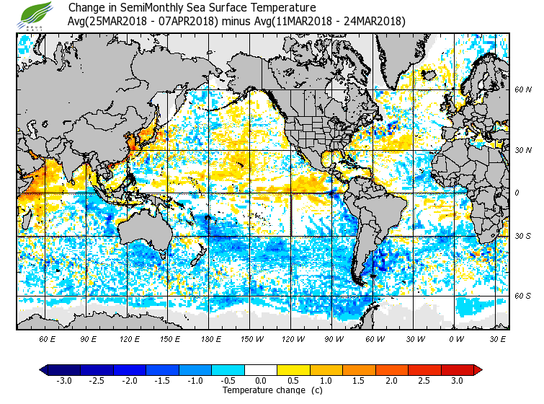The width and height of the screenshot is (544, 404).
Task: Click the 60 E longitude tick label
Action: tap(47, 338)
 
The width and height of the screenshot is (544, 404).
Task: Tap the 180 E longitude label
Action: tap(211, 338)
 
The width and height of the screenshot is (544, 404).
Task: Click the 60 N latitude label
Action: tap(522, 89)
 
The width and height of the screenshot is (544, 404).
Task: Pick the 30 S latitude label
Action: tap(522, 236)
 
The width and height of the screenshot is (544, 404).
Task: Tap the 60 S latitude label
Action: tap(522, 295)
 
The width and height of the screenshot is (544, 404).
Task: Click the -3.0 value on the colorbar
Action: tap(63, 381)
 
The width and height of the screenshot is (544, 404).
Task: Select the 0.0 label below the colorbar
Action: tap(261, 381)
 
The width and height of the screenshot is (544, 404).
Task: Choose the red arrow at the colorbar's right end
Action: tap(478, 370)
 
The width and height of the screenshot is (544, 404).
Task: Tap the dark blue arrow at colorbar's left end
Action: tap(44, 370)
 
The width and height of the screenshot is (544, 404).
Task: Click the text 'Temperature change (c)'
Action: tap(262, 390)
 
